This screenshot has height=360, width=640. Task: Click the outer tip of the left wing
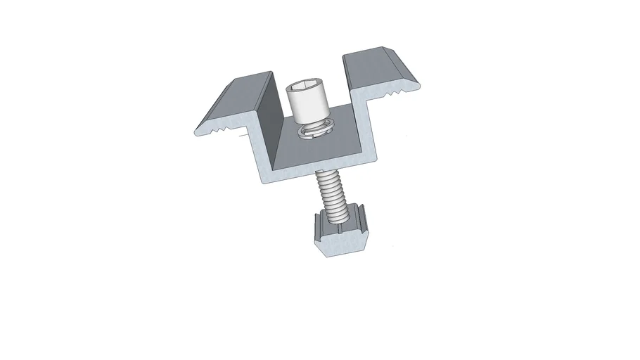pyautogui.click(x=200, y=131)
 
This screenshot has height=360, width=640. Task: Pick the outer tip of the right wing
pyautogui.click(x=414, y=87)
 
